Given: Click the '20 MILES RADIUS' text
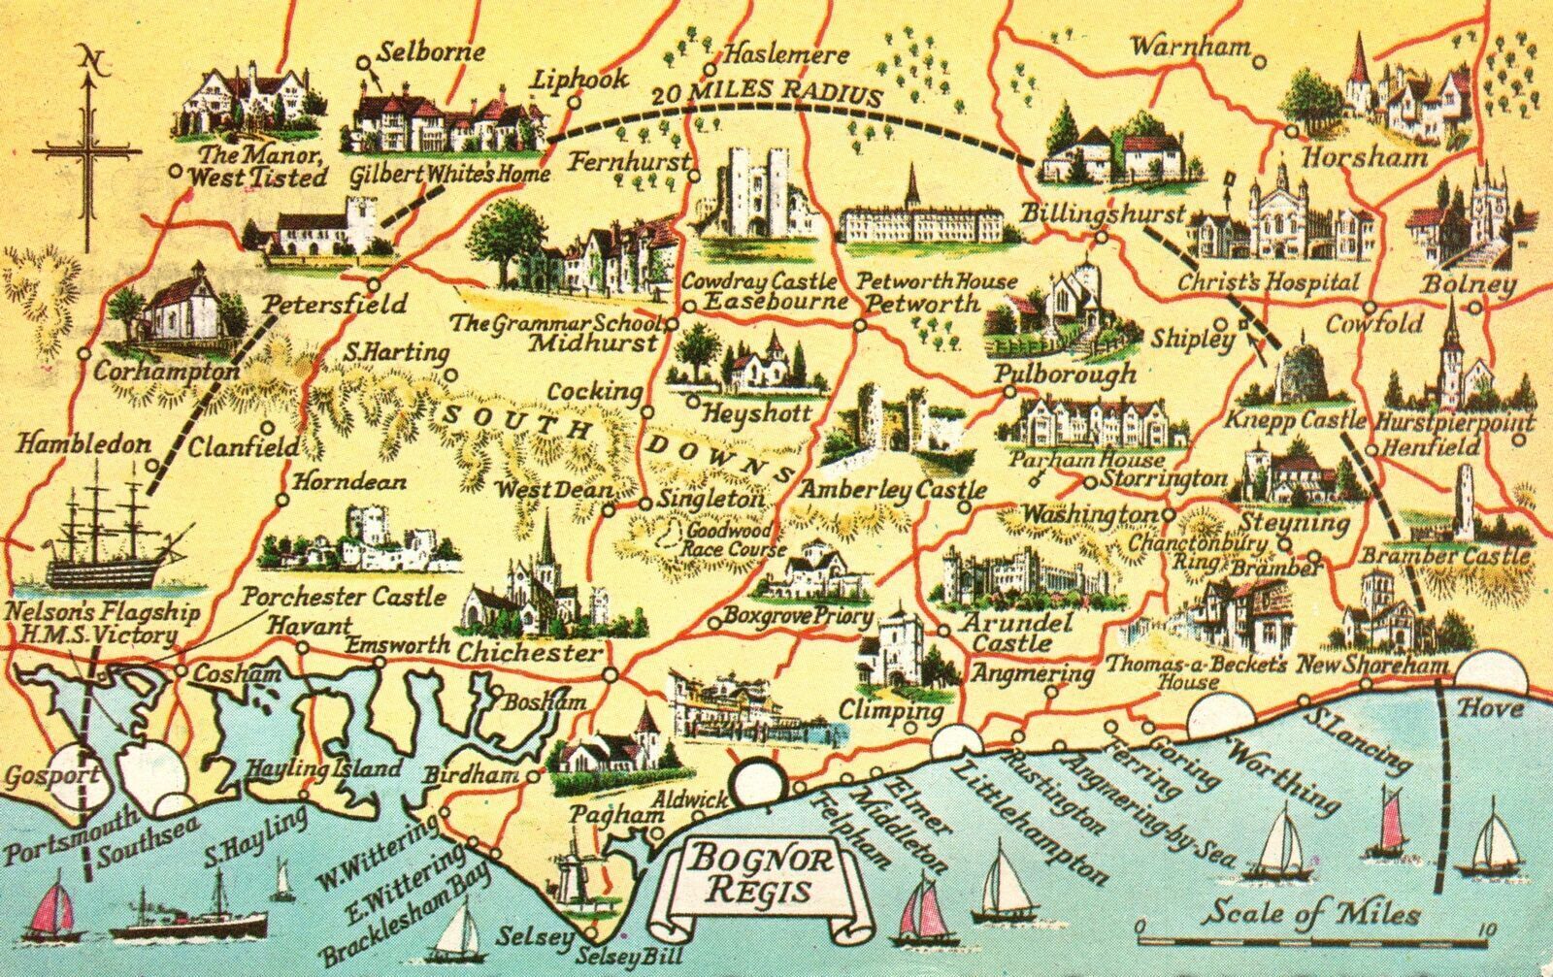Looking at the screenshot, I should (x=767, y=94).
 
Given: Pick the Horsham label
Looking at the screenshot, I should (x=1365, y=157).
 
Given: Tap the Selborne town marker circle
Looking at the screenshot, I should (x=362, y=61).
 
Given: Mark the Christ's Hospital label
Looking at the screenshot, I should (x=1269, y=283).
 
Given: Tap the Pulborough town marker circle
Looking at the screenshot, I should (x=1009, y=392).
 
